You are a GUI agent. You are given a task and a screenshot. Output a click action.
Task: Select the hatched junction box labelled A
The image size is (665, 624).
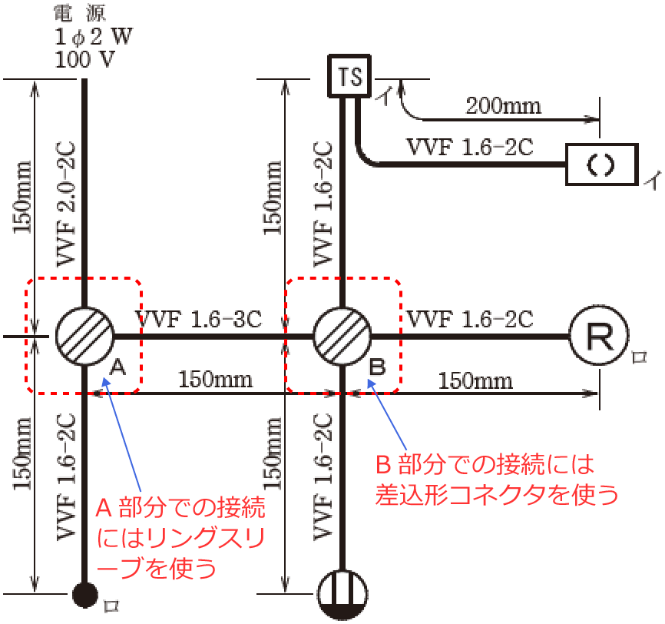(x=84, y=337)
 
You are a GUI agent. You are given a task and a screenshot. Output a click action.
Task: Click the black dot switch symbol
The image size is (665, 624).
(x=84, y=593)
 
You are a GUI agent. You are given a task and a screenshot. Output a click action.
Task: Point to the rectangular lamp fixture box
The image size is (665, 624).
(x=601, y=164)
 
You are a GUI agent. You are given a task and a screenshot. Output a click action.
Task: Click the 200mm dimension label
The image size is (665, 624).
(x=503, y=105)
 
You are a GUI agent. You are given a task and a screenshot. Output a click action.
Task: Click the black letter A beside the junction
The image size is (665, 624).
(x=117, y=367)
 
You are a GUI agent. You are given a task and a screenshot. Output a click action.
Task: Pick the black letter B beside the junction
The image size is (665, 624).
(x=377, y=367)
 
